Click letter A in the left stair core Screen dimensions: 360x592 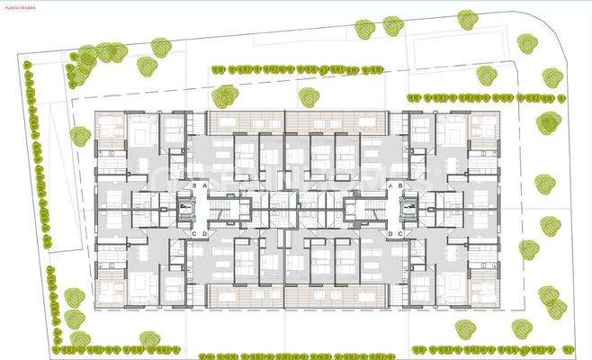(x=205, y=184)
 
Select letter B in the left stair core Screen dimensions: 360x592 (x=194, y=184)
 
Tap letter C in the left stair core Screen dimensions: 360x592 (x=194, y=234)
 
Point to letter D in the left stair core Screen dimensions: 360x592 (x=205, y=234)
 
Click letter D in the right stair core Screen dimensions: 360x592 (x=388, y=234)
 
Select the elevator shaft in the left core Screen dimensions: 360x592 (x=186, y=209)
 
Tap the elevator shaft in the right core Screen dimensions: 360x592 (x=406, y=209)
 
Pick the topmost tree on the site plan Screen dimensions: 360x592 (x=467, y=19)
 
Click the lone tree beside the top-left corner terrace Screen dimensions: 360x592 (x=80, y=136)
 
